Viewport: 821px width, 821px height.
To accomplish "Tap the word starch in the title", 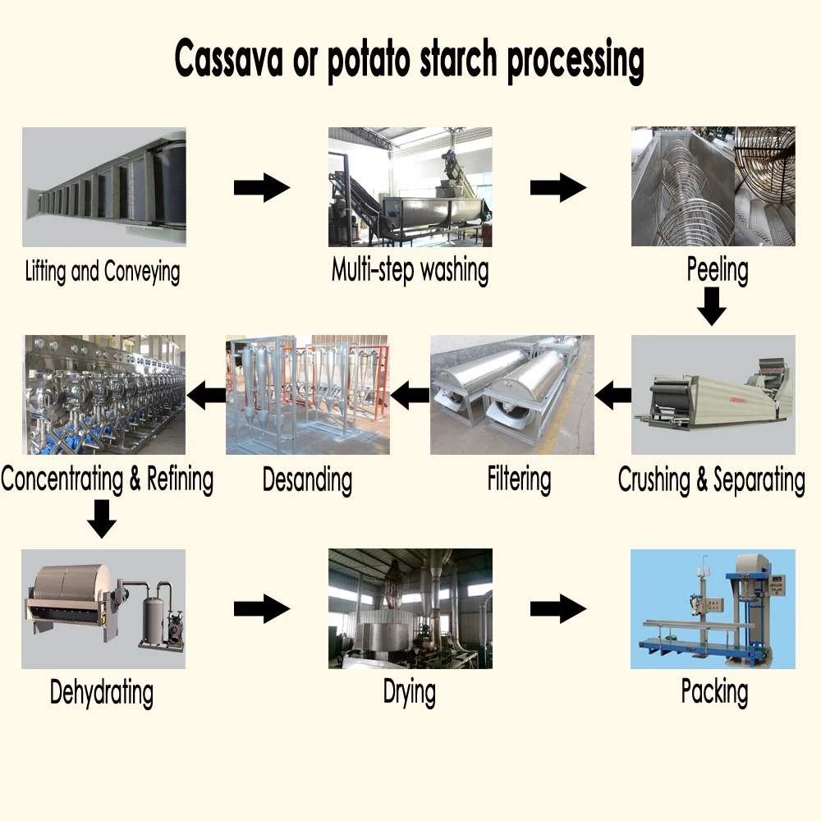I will [452, 58].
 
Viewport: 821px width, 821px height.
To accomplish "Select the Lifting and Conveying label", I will [103, 272].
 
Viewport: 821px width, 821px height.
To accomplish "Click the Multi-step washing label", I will [410, 269].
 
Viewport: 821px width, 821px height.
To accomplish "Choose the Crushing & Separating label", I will [711, 479].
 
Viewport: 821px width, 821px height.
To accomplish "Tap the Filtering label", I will [519, 479].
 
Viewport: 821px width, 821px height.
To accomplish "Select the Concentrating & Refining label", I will [108, 479].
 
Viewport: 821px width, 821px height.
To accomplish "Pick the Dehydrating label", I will [102, 692].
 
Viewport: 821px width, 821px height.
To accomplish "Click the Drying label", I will [410, 692].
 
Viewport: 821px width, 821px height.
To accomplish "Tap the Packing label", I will [714, 692].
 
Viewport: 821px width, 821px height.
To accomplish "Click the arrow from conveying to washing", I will [262, 189].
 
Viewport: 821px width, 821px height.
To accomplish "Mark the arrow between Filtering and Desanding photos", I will [410, 397].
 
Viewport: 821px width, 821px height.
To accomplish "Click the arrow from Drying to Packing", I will [558, 609].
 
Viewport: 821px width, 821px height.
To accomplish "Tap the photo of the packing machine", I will [713, 608].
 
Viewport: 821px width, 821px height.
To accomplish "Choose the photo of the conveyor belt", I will [103, 187].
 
